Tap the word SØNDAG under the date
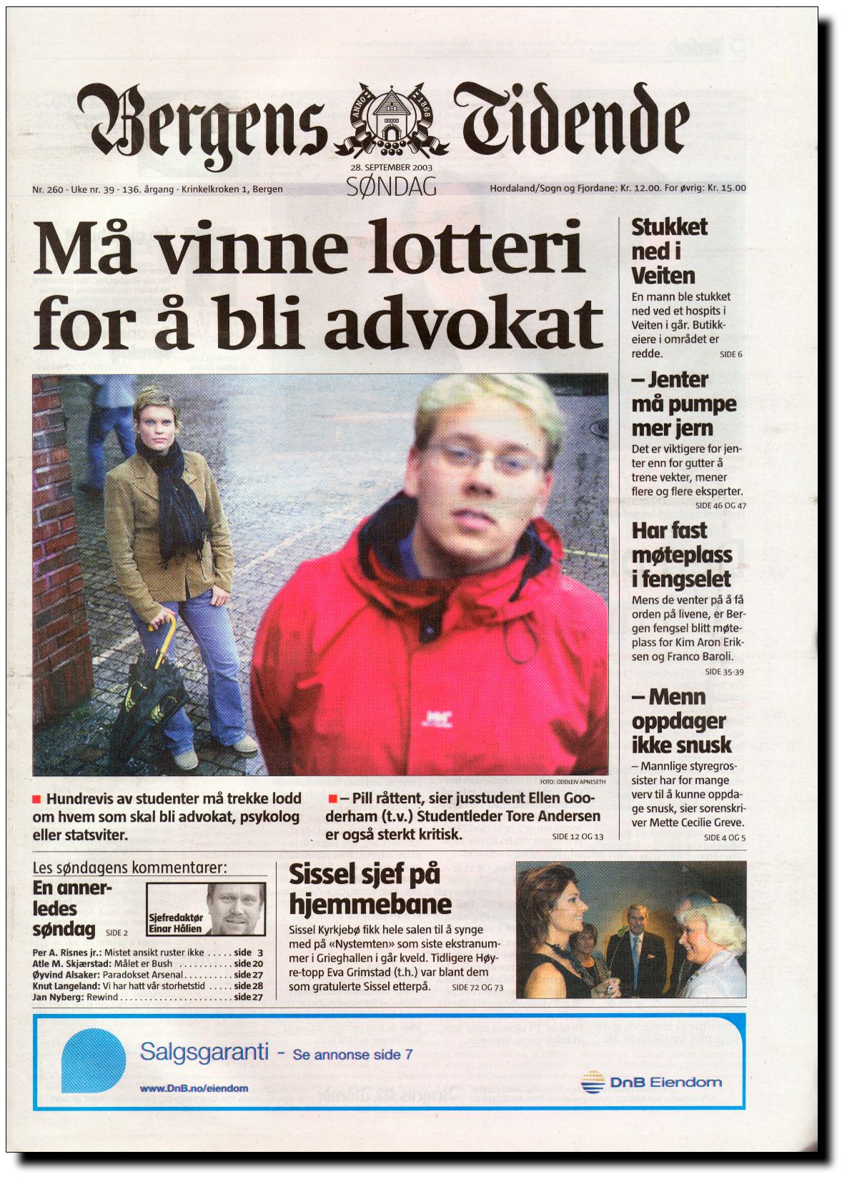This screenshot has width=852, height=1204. click(x=391, y=187)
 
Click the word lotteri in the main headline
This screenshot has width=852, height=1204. click(x=474, y=249)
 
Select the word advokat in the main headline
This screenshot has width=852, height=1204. click(x=464, y=325)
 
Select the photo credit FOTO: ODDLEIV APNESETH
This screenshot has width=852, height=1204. click(x=573, y=782)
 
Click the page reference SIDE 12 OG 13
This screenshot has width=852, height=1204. click(x=578, y=837)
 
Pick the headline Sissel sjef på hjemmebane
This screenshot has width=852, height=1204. click(x=370, y=890)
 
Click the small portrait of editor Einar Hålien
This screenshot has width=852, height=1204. click(x=236, y=909)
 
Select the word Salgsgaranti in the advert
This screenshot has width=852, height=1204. click(x=204, y=1052)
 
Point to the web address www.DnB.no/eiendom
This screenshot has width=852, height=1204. click(x=194, y=1088)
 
